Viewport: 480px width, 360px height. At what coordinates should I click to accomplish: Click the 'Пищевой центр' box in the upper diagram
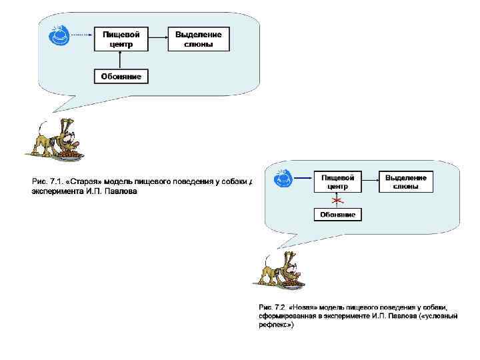click(x=121, y=39)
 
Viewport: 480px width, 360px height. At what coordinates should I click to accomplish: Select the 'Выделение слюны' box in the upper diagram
click(x=198, y=39)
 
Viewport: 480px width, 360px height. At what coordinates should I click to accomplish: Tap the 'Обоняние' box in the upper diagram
click(x=121, y=77)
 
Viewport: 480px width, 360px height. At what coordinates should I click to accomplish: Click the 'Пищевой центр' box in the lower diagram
click(x=337, y=182)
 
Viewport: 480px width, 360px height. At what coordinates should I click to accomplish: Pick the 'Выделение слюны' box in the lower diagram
click(x=406, y=182)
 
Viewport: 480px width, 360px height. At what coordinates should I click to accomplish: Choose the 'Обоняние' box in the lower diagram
click(x=337, y=215)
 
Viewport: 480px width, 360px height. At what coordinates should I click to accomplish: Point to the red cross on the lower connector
click(x=338, y=200)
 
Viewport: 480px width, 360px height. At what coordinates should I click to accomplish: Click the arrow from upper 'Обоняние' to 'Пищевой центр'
click(x=121, y=60)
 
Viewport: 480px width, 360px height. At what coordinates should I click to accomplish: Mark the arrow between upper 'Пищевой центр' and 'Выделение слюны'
click(x=157, y=39)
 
